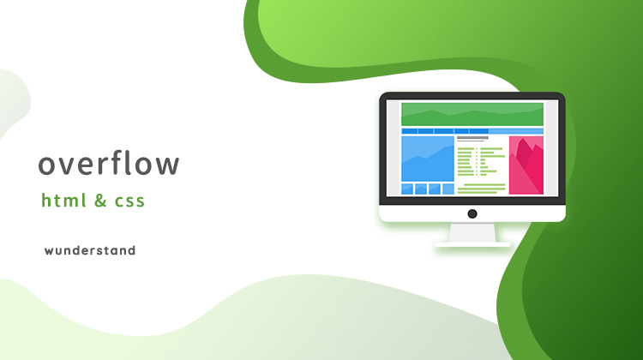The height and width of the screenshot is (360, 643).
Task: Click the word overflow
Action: pos(109,163)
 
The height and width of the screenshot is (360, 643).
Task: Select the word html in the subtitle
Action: pos(63,200)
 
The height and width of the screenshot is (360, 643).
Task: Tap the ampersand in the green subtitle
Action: pos(100,201)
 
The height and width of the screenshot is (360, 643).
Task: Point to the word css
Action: pos(129,201)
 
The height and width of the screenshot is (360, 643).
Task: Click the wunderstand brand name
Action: pos(90,250)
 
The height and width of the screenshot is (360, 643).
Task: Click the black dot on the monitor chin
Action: pos(472,213)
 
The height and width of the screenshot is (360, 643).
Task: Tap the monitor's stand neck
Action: pos(472,232)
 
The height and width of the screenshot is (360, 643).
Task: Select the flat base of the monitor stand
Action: pos(472,244)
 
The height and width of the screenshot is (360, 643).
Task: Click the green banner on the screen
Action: pos(472,114)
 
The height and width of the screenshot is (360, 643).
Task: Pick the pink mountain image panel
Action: pos(526,165)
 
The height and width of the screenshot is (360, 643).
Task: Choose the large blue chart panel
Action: pos(428,159)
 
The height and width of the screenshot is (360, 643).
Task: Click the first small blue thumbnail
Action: pos(407,189)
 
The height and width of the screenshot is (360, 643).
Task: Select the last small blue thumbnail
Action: pos(448,189)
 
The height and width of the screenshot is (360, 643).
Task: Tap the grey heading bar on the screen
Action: pos(472,138)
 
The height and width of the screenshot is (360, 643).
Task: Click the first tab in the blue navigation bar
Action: pos(409,131)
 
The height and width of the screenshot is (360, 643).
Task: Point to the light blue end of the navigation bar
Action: pos(516,131)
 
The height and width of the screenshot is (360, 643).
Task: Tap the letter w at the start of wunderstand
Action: pos(50,251)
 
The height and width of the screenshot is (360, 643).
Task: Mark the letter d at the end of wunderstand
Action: pos(131,250)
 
